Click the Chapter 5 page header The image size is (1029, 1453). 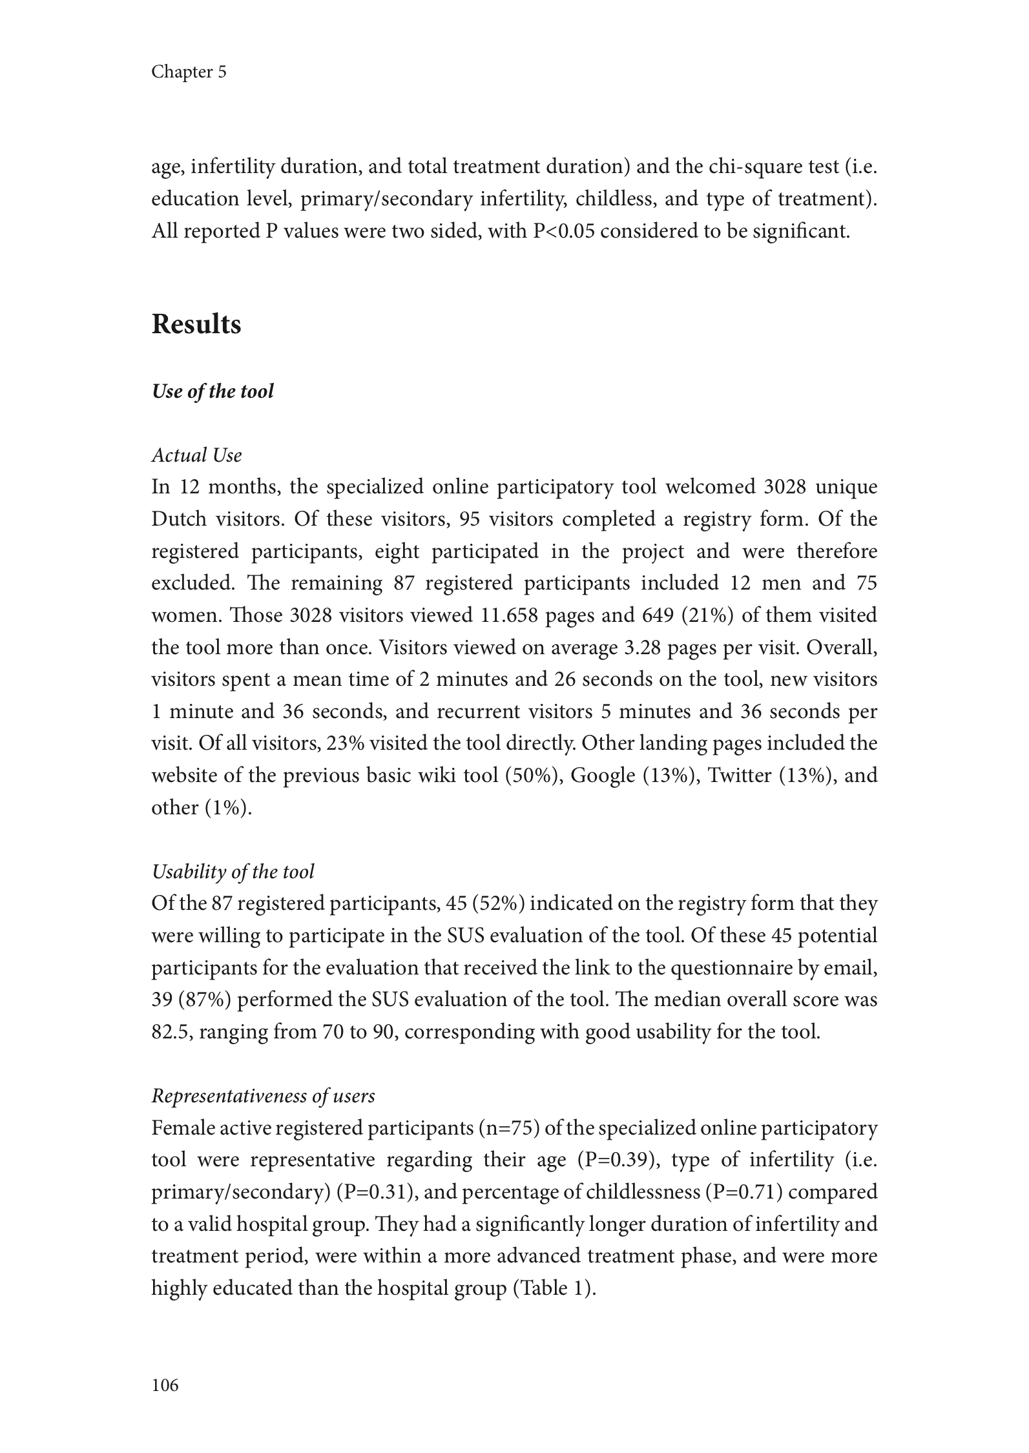[189, 72]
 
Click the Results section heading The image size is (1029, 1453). [196, 324]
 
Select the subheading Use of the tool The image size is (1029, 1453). [213, 391]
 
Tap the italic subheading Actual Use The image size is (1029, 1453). [196, 455]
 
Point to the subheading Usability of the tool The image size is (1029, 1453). [233, 872]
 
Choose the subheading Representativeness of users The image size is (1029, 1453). [263, 1096]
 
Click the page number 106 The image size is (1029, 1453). [165, 1385]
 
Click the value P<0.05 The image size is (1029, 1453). [563, 231]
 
